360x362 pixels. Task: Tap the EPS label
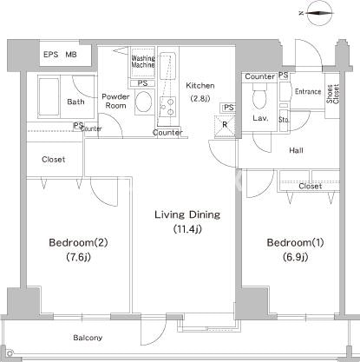tap(51, 56)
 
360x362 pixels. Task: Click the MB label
tap(71, 56)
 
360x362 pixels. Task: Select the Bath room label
tap(75, 102)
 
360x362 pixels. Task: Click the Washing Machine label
tap(142, 63)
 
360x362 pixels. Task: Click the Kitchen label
tap(200, 85)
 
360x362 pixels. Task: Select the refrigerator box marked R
tap(226, 123)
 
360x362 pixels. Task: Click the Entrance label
tap(308, 91)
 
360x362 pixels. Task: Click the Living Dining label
tap(187, 214)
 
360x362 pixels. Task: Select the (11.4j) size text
tap(187, 229)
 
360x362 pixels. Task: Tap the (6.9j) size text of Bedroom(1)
tap(295, 257)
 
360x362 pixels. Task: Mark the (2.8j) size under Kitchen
tap(200, 98)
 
